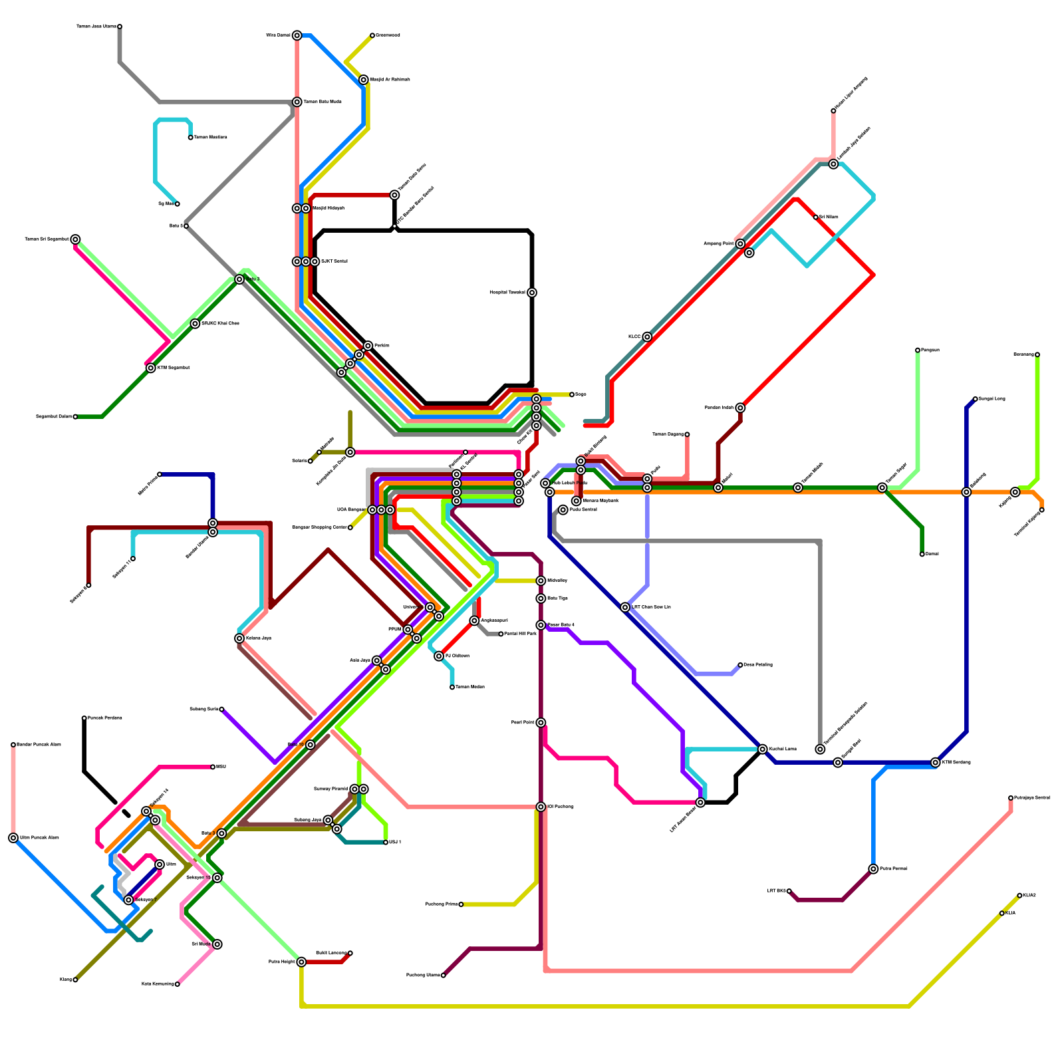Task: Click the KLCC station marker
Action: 647,337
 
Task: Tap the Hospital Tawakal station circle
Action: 532,293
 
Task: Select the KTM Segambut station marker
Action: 151,368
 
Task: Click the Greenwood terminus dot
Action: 372,35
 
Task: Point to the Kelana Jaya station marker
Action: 239,638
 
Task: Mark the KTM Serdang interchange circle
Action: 936,763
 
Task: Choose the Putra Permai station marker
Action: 873,869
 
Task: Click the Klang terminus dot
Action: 75,980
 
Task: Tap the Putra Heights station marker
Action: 301,962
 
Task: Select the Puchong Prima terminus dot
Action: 461,904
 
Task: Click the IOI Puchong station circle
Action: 541,807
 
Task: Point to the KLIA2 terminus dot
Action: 1019,896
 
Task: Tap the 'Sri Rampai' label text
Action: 829,217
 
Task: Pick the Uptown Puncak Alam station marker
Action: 13,838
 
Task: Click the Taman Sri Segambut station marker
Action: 76,239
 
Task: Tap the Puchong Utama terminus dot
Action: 444,976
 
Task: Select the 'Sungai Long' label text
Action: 992,399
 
